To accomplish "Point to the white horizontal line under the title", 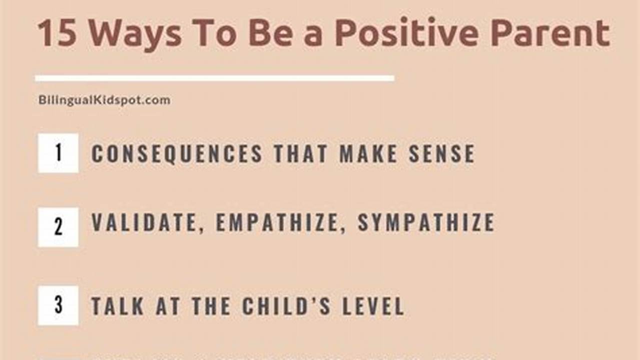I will click(214, 78).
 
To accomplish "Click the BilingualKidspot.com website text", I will click(104, 100).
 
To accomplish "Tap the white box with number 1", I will click(58, 153).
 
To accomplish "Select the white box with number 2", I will click(58, 227).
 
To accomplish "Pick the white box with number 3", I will click(58, 305).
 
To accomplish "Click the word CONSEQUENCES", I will click(177, 153).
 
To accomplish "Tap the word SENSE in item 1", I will click(441, 153).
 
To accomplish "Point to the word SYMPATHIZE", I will click(426, 223).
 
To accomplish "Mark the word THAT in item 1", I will click(301, 153).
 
